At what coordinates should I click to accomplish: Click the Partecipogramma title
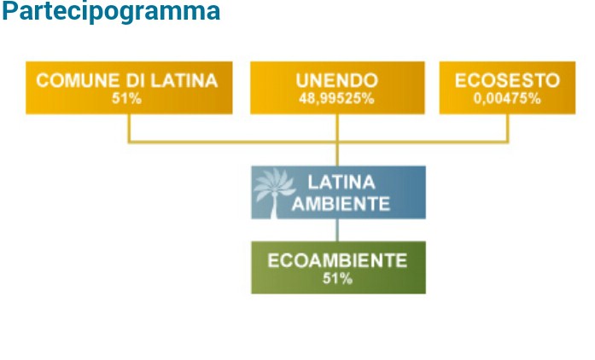(111, 11)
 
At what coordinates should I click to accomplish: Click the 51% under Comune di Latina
(126, 99)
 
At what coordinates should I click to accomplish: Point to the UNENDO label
(337, 80)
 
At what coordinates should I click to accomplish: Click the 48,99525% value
(336, 99)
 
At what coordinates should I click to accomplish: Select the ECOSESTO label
(507, 80)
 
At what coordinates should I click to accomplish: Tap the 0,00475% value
(507, 99)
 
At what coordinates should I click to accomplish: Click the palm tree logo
(274, 193)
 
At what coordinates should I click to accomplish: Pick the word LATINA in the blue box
(341, 183)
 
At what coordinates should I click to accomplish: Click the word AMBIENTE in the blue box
(341, 204)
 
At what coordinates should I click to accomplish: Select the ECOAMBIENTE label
(337, 260)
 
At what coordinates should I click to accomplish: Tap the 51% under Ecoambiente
(337, 279)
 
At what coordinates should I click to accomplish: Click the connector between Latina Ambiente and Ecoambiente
(337, 229)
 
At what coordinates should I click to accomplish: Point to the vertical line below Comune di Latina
(129, 128)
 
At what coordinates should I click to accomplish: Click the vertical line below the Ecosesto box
(507, 128)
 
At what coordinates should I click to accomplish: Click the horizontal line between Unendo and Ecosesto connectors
(423, 142)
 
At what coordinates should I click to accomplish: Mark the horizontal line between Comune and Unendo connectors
(233, 142)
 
